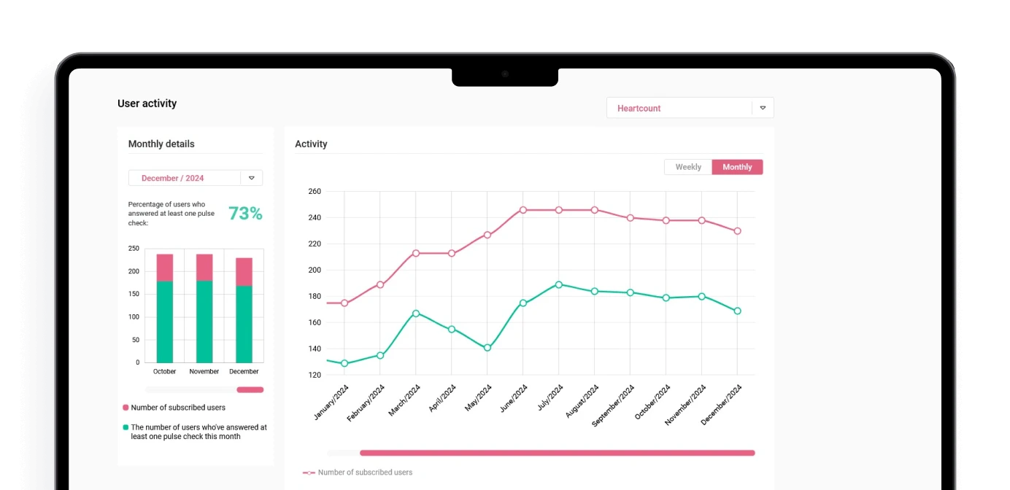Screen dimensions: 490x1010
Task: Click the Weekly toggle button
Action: tap(687, 167)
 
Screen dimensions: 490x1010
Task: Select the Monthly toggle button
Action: tap(737, 167)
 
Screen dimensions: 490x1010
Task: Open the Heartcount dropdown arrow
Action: tap(763, 108)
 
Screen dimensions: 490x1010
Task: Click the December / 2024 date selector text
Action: tap(172, 178)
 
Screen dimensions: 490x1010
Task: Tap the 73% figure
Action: tap(245, 214)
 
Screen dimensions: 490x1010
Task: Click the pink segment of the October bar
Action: tap(165, 268)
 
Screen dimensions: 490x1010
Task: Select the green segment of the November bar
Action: tap(204, 321)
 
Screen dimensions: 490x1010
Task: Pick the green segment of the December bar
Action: tap(244, 324)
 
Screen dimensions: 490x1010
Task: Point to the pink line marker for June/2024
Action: tap(523, 210)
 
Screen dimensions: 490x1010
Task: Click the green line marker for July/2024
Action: tap(559, 284)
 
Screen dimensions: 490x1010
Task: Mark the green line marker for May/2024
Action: tap(487, 348)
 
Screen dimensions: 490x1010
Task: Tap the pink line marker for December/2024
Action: tap(737, 231)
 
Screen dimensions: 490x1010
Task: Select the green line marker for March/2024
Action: tap(416, 314)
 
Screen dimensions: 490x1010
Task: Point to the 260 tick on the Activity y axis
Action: tap(315, 191)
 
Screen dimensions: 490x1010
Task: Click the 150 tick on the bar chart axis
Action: tap(134, 294)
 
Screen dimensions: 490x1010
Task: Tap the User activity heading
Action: tap(147, 104)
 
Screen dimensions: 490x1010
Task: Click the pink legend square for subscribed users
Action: tap(126, 408)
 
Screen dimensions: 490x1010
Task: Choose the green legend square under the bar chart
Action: tap(126, 427)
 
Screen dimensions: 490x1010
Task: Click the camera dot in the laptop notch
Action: tap(505, 74)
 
